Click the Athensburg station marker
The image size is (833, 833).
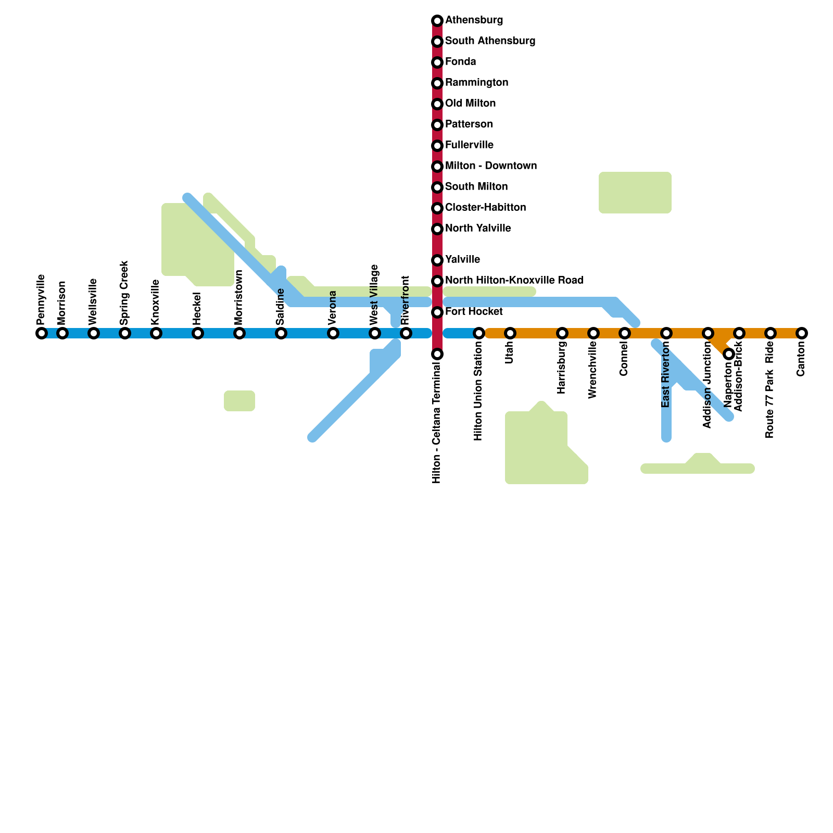pos(437,21)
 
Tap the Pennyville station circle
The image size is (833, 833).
pos(42,333)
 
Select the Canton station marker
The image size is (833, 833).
pos(802,333)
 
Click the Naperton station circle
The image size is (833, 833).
pos(729,354)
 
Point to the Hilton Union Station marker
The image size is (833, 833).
pos(479,333)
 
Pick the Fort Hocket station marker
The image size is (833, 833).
pos(437,312)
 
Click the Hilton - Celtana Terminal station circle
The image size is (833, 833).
pos(437,354)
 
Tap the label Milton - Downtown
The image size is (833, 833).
pos(490,166)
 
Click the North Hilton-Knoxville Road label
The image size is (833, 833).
pos(514,281)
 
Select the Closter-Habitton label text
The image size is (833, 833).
pos(485,208)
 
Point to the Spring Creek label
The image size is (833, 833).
pos(124,293)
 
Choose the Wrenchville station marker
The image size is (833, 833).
pos(594,333)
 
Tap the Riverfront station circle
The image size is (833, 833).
pos(406,333)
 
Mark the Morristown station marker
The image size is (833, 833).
pos(239,333)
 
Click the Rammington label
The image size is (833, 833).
pos(476,83)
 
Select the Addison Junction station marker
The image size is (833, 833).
pos(708,333)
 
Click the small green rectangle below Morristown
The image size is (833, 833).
pos(239,400)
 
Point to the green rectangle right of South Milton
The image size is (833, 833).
pos(635,193)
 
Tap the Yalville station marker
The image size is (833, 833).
pos(437,260)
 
